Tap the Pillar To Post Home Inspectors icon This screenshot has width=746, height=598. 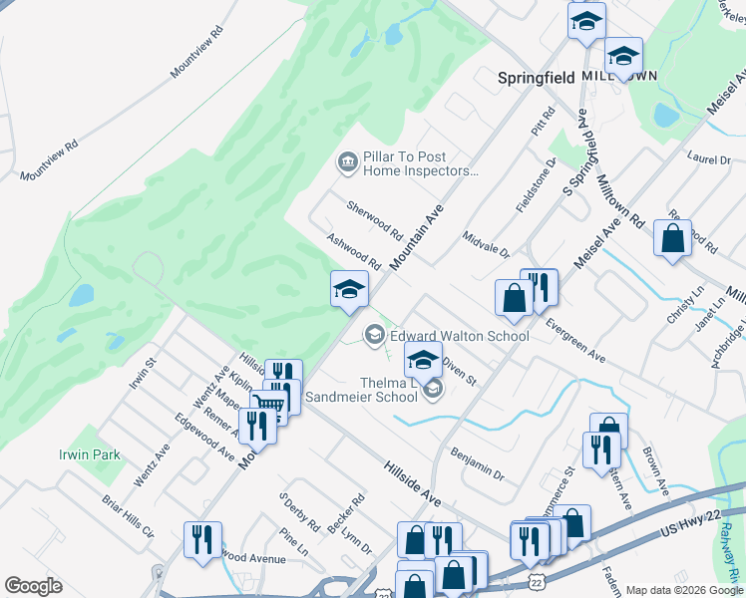click(x=347, y=162)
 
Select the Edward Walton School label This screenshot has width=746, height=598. click(x=459, y=336)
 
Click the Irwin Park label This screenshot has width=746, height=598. click(x=88, y=454)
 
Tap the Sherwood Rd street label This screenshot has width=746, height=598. click(x=374, y=221)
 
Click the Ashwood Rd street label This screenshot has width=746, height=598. click(x=355, y=251)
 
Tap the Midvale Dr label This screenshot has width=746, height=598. click(x=486, y=244)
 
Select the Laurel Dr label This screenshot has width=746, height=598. click(x=709, y=158)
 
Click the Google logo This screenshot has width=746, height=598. click(x=33, y=586)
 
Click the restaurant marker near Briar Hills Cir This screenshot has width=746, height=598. click(x=202, y=539)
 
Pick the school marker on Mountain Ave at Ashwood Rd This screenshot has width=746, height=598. click(x=349, y=289)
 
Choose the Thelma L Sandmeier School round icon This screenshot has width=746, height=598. click(x=433, y=389)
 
